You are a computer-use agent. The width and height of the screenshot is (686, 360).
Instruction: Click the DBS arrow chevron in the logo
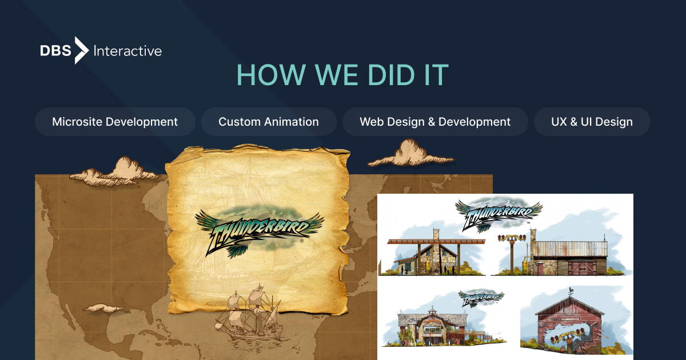pos(82,50)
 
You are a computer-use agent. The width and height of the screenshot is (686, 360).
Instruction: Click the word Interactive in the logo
pos(127,51)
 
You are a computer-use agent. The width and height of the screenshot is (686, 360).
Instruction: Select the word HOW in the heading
pos(265,75)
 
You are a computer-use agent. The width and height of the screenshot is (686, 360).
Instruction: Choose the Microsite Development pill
pos(115,122)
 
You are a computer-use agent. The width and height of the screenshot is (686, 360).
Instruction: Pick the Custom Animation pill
pos(269,122)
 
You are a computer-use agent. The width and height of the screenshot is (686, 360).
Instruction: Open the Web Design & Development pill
pos(435,122)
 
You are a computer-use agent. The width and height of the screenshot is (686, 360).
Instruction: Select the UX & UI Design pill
pos(592,122)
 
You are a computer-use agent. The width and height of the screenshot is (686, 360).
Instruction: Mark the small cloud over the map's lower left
pos(103,308)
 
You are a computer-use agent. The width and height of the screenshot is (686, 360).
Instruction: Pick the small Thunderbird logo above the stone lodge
pos(482,298)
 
